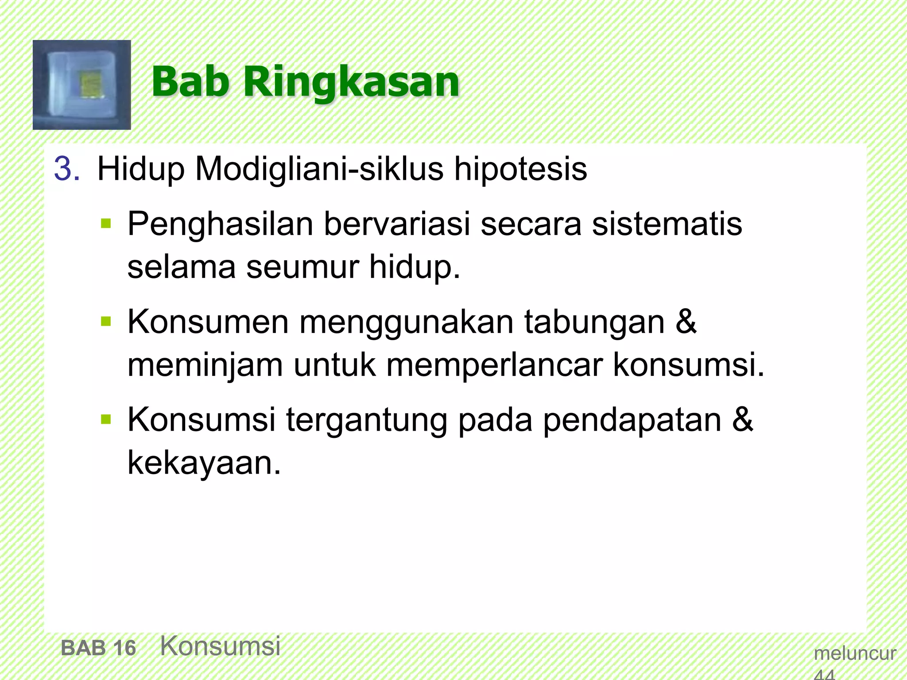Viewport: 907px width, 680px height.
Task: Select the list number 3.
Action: (x=67, y=169)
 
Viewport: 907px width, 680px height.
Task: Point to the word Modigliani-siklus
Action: (x=319, y=169)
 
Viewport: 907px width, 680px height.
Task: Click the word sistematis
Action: (x=667, y=224)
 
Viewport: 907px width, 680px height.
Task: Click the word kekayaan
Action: (x=204, y=463)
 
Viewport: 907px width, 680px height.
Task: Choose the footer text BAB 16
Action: (x=98, y=648)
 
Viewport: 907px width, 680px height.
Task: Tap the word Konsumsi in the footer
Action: (x=220, y=645)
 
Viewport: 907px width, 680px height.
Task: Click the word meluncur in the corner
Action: (x=855, y=653)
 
